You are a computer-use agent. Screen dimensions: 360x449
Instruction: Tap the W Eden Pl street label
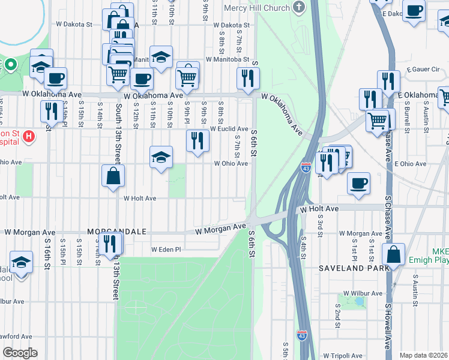tap(166, 249)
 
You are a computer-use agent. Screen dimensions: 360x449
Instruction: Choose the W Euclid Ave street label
tap(229, 128)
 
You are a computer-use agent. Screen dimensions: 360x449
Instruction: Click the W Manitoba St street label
tap(227, 59)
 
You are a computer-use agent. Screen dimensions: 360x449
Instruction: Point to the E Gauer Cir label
tap(423, 70)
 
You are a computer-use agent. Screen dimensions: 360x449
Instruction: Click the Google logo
tap(20, 353)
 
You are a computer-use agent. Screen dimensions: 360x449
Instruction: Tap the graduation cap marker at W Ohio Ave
tap(161, 157)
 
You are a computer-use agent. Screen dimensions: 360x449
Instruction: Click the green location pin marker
tap(10, 64)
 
